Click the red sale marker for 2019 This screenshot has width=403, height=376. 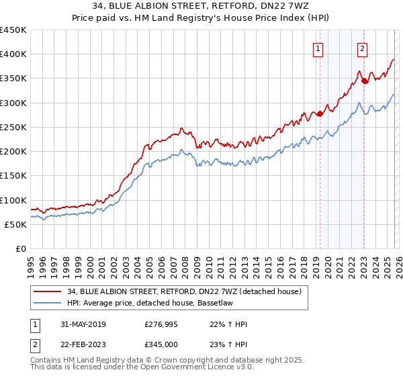(x=320, y=113)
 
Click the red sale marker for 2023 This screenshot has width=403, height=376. (x=364, y=81)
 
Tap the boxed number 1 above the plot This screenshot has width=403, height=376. (x=317, y=48)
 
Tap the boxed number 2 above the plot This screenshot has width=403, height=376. (x=362, y=48)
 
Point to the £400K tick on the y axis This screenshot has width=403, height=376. (x=13, y=54)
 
